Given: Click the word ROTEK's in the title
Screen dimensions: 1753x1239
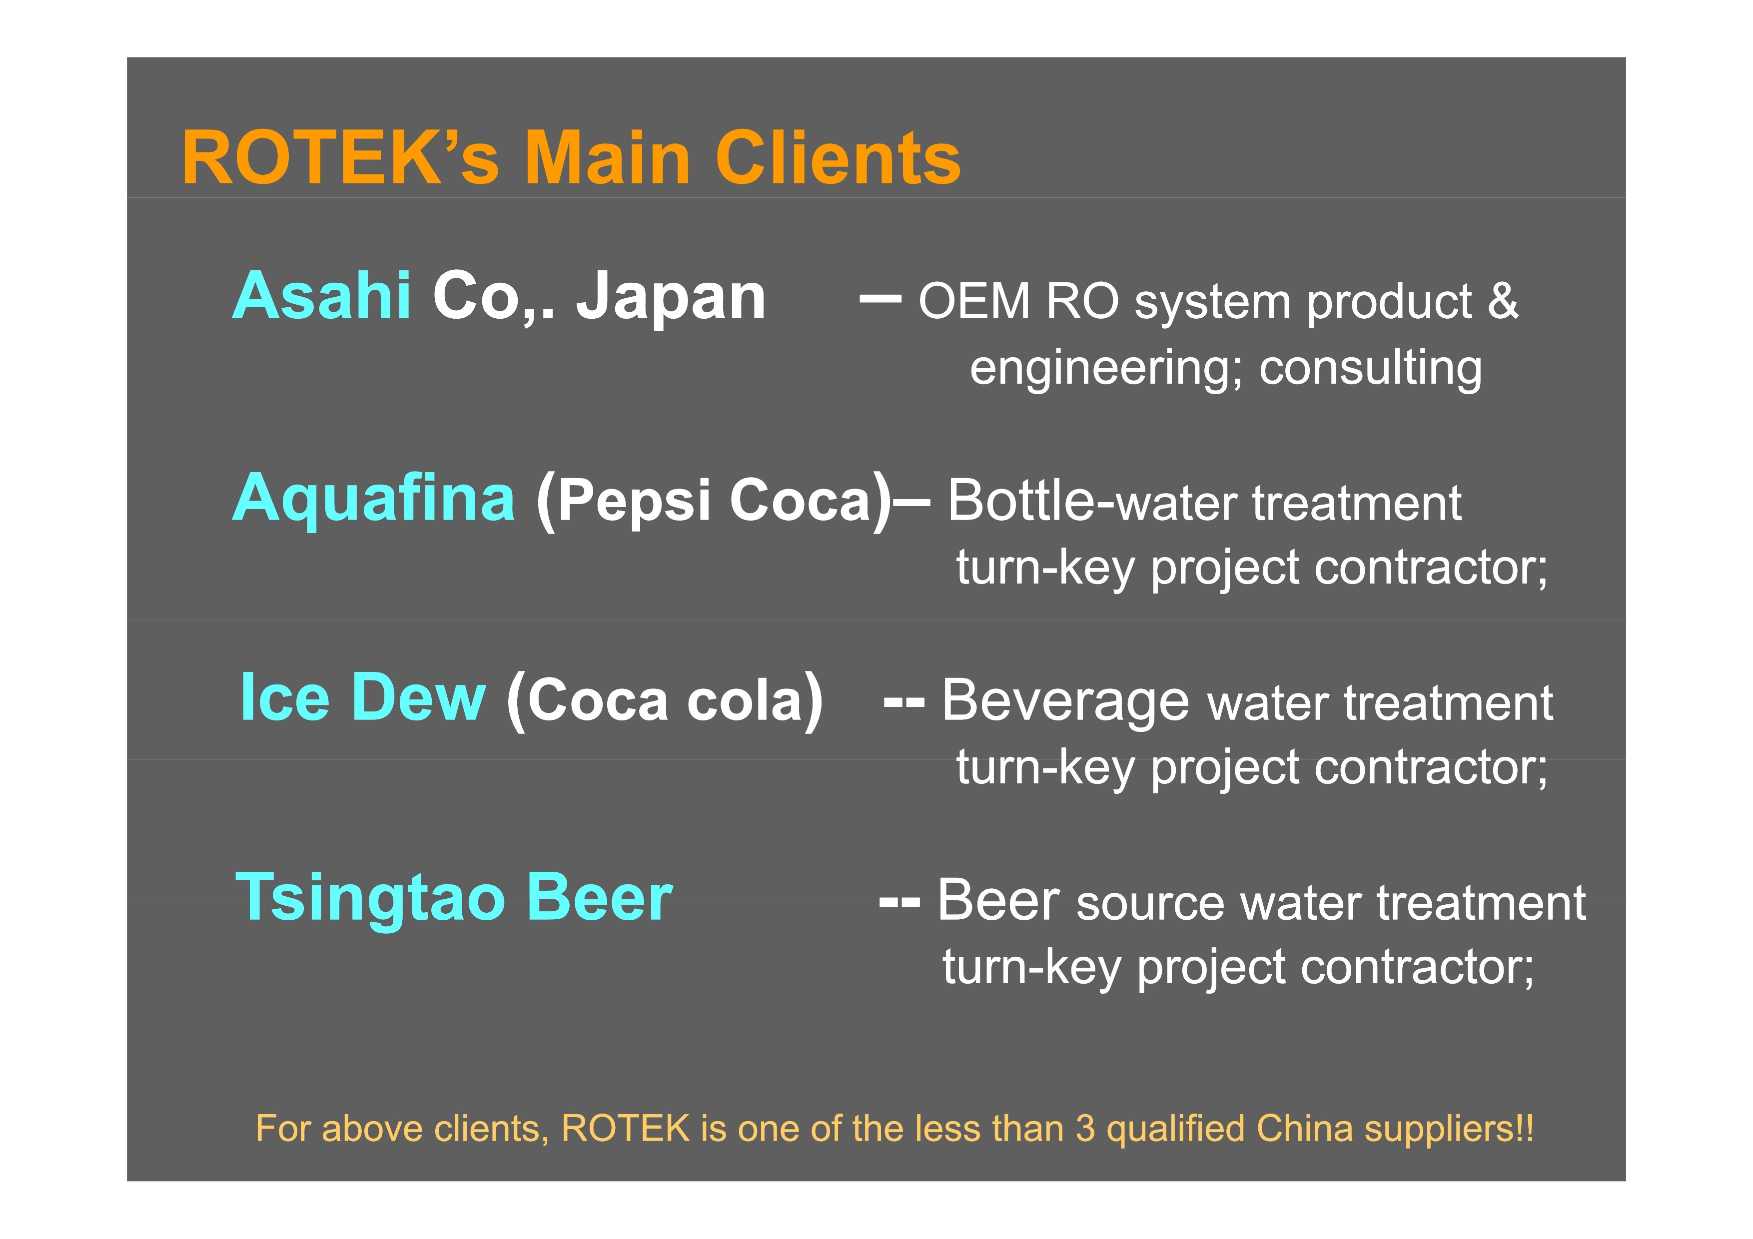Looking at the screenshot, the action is (x=340, y=157).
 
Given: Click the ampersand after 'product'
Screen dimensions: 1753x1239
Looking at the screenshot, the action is (x=1503, y=301).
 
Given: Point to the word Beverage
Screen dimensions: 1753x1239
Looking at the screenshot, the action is (x=1065, y=701).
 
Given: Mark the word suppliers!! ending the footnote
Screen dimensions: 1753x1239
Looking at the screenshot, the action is (x=1450, y=1130).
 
